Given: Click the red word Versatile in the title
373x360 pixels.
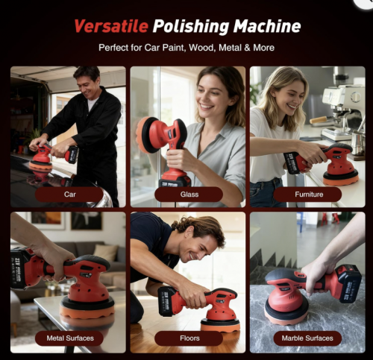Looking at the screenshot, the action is (x=111, y=26).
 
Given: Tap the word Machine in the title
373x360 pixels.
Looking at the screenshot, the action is (x=267, y=26).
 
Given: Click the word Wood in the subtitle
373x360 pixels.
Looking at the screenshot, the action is (x=201, y=48).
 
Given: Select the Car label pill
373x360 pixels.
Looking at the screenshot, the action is (x=69, y=195).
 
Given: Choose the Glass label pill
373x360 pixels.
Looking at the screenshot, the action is (x=189, y=195).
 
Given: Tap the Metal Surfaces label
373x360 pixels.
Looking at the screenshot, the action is (x=69, y=338).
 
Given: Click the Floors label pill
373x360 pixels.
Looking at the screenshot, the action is (x=189, y=338).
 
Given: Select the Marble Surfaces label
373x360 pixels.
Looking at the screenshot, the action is (x=307, y=338).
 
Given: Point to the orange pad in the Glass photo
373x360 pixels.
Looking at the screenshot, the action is (x=144, y=135).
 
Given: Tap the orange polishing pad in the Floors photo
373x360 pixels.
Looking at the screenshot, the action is (x=220, y=326).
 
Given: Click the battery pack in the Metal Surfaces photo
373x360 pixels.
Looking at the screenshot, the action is (x=18, y=268).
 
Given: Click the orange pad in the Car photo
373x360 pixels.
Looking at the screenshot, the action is (x=40, y=166).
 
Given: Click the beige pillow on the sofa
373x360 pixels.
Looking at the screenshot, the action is (x=105, y=253).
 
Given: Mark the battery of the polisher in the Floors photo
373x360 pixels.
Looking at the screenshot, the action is (x=167, y=301).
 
